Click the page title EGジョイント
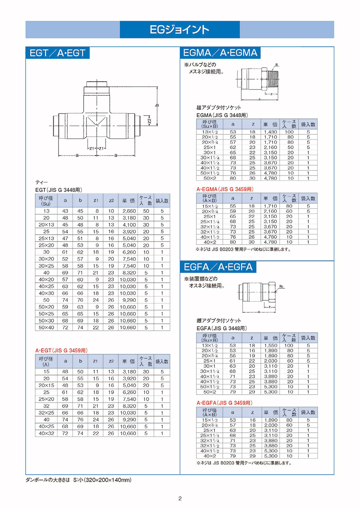coord(180,30)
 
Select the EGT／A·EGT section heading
coord(58,53)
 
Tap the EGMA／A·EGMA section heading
coord(220,53)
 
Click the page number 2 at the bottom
coord(180,498)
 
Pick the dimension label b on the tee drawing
coord(157,105)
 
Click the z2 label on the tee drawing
coord(149,120)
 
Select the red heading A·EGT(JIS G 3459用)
coord(62,350)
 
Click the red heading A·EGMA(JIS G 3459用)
coord(225,189)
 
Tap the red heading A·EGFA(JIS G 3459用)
coord(224,402)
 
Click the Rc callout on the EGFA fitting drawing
coord(282,286)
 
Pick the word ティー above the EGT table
coord(42,182)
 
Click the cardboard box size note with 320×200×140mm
coord(78,480)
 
